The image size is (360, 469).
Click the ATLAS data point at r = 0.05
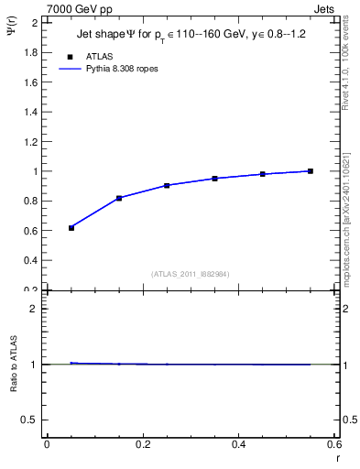pos(71,227)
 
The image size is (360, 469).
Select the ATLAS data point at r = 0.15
pos(119,198)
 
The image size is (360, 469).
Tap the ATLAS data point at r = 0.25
pos(167,185)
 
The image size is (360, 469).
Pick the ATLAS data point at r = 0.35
pos(214,179)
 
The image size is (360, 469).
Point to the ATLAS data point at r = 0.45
pos(263,174)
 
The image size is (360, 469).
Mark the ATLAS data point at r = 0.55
pos(311,171)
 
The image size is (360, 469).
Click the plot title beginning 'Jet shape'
pos(191,37)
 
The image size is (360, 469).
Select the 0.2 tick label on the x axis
pos(143,444)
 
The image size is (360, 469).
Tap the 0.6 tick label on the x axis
pos(334,444)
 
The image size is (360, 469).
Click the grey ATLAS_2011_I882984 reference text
pos(191,274)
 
